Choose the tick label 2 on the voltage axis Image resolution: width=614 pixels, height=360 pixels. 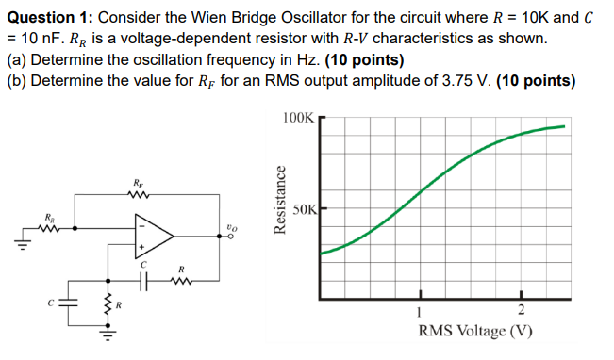tap(520, 314)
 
